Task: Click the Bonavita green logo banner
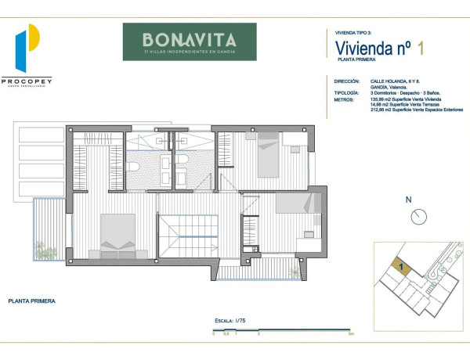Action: click(189, 41)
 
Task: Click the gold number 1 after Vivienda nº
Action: click(421, 49)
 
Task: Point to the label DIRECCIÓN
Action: click(346, 80)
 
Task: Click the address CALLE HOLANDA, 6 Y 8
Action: click(391, 80)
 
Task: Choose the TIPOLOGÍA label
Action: click(346, 92)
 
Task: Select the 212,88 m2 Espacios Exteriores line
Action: click(415, 110)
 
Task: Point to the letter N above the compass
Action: click(408, 200)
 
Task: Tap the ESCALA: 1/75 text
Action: click(231, 321)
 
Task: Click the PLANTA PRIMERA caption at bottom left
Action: click(31, 300)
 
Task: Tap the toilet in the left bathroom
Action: click(133, 169)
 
